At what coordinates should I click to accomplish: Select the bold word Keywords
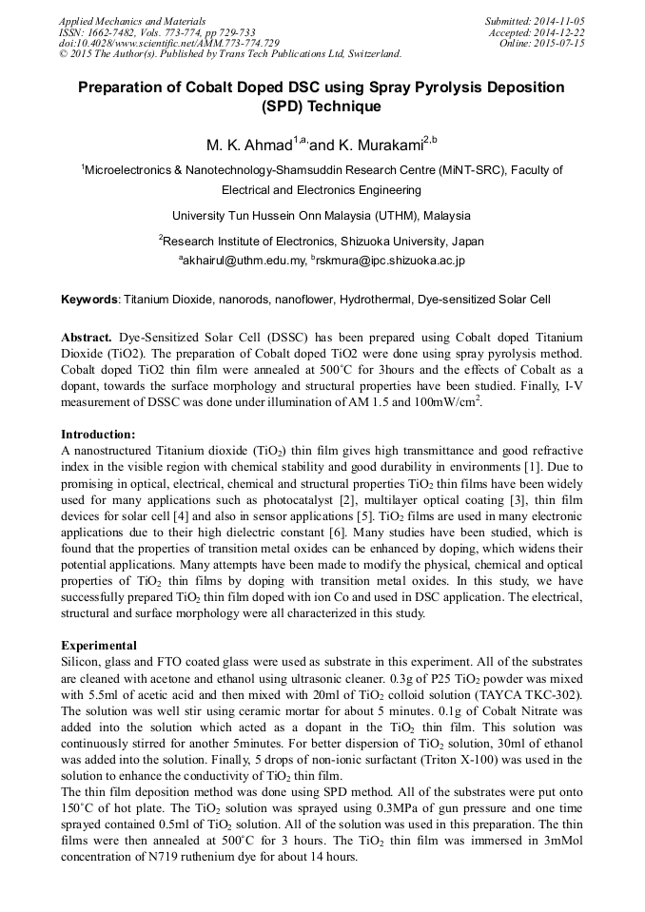[x=89, y=300]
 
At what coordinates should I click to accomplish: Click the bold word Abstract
[x=87, y=338]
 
